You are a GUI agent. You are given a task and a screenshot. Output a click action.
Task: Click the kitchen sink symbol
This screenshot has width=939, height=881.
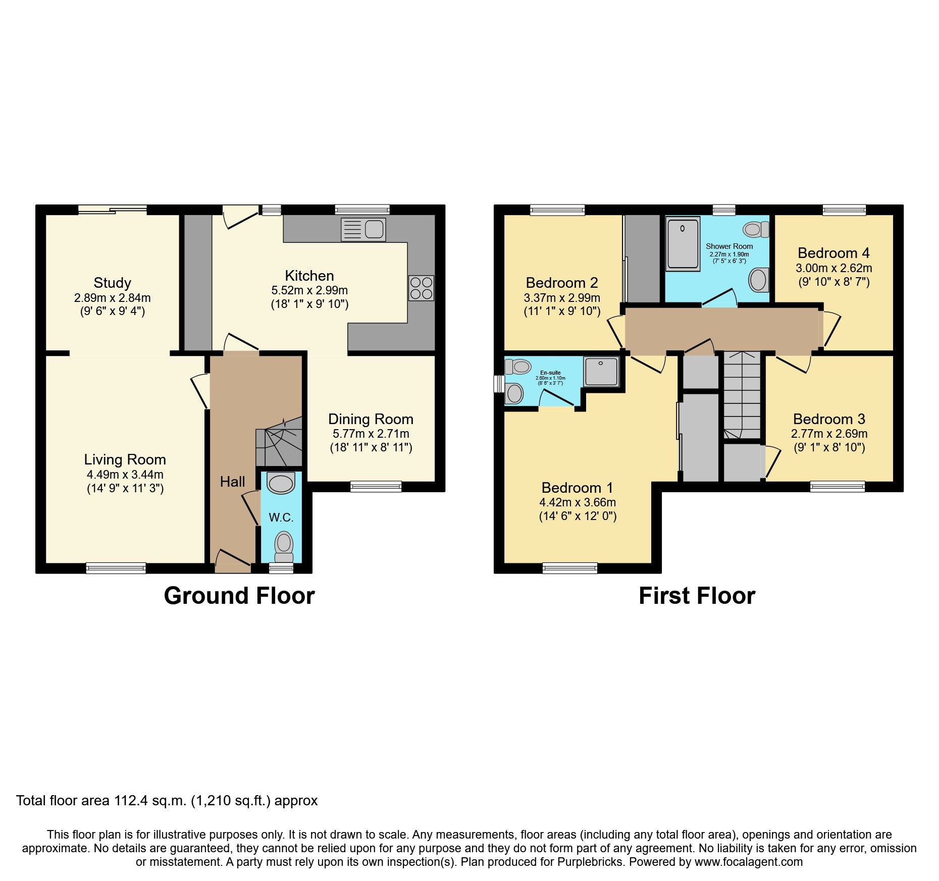(363, 230)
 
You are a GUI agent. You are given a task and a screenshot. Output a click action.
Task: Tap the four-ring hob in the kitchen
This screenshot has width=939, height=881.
(421, 288)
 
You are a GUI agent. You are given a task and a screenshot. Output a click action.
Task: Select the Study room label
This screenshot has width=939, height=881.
(112, 283)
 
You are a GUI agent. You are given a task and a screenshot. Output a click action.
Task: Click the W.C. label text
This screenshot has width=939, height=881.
(281, 517)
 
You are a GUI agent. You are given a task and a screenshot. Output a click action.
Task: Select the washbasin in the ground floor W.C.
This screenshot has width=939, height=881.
(281, 483)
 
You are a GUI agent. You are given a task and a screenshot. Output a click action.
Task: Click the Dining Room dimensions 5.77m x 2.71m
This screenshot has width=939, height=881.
(371, 434)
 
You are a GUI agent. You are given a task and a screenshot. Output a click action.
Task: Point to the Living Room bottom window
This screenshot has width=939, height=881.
(116, 568)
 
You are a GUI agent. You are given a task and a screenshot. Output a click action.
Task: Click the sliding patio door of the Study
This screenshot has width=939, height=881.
(113, 210)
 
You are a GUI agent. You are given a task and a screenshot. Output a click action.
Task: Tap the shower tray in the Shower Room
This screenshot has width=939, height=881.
(683, 243)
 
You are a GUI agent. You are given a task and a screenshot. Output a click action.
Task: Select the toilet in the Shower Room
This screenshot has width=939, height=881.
(755, 230)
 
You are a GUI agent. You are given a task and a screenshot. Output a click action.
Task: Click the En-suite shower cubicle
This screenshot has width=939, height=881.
(601, 372)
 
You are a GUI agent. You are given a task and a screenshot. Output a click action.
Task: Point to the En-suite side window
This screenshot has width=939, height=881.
(499, 383)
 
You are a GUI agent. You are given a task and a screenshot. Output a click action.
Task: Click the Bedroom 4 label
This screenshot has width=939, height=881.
(833, 253)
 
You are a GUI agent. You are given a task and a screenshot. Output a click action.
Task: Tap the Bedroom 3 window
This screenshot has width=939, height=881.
(838, 487)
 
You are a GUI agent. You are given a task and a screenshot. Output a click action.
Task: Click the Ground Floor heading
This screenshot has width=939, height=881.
(239, 596)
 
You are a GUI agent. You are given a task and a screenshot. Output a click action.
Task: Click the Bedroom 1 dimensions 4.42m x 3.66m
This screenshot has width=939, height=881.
(578, 502)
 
